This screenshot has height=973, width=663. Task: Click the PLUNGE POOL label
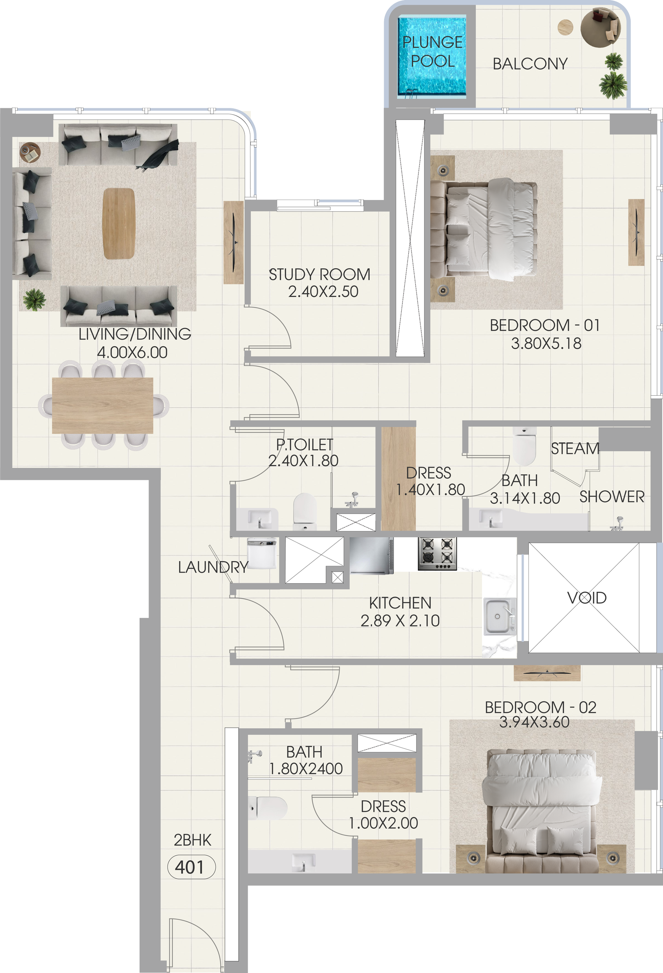tap(433, 51)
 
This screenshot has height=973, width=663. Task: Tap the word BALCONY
tap(530, 64)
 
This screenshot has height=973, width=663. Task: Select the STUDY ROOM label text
tap(319, 275)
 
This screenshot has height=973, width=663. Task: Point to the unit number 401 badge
tap(191, 867)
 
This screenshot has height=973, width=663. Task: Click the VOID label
tap(587, 598)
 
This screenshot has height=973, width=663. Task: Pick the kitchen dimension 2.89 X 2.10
tap(400, 621)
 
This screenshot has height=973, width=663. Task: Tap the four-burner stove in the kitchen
tap(437, 554)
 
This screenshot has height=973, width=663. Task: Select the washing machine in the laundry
tap(262, 554)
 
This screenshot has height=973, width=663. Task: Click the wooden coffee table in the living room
tap(119, 224)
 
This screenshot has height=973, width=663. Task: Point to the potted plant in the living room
tap(34, 299)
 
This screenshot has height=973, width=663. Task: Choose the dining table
tap(103, 405)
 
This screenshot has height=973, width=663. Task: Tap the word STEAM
tap(575, 448)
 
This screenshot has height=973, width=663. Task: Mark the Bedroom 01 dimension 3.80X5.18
tap(546, 343)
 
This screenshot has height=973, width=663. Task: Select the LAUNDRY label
tap(213, 567)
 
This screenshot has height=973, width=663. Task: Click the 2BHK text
tap(193, 840)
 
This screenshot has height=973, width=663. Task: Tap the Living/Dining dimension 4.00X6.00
tap(132, 352)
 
